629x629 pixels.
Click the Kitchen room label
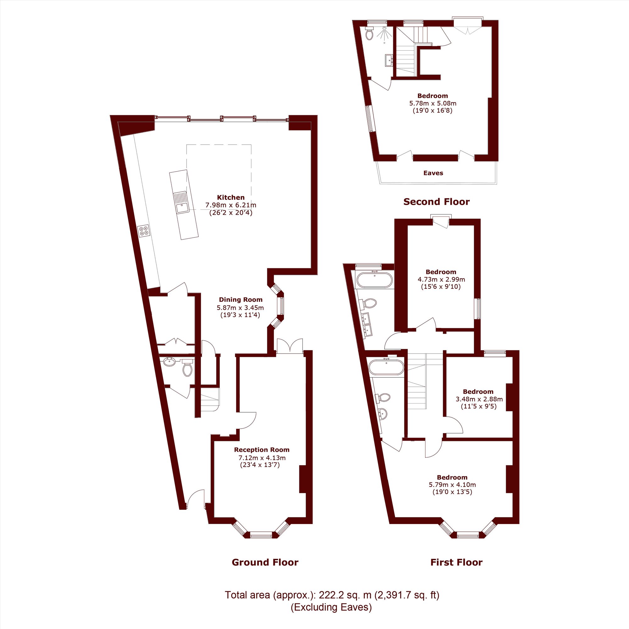click(x=231, y=197)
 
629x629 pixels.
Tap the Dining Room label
click(x=241, y=299)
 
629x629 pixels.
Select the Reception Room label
click(x=262, y=450)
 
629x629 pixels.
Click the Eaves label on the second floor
click(x=433, y=173)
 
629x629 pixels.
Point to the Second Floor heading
click(x=436, y=202)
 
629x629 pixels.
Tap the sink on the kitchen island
click(x=181, y=202)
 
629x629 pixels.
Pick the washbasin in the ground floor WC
click(x=169, y=361)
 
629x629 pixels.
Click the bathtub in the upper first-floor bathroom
click(x=375, y=280)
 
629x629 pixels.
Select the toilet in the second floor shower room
click(x=369, y=34)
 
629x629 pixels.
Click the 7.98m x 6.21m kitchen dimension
click(x=231, y=205)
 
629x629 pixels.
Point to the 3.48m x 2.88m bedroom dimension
click(x=479, y=399)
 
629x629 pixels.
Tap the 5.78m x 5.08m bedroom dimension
click(x=433, y=103)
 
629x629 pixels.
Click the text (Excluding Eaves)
click(x=331, y=607)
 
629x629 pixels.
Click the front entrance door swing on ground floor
click(x=195, y=498)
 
